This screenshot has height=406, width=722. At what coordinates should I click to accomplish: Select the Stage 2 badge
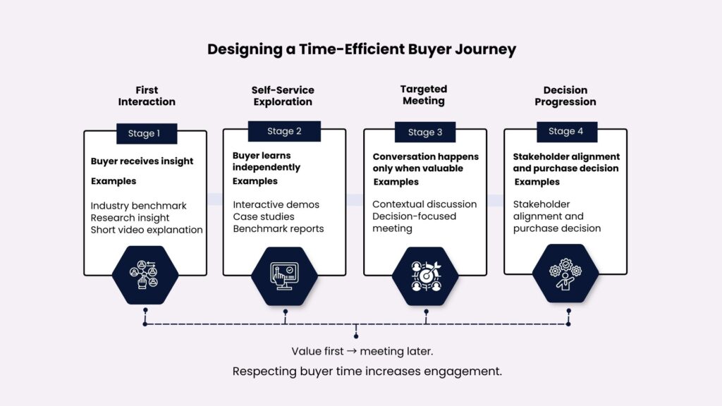point(284,131)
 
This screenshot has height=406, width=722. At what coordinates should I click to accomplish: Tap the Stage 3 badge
point(425,132)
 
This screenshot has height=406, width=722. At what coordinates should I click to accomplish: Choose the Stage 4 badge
point(565,131)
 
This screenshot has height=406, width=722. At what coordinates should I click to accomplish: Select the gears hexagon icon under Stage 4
point(565,273)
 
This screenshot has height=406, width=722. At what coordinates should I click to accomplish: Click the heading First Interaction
point(147,96)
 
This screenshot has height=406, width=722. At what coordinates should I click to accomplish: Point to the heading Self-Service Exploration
point(283,96)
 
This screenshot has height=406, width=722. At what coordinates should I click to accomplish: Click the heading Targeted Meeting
point(424,95)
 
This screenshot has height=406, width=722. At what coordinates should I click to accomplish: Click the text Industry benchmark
point(138,206)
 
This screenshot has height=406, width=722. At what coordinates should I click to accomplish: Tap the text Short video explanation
point(147,230)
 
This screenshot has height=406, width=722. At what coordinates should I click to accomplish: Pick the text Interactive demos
point(276,204)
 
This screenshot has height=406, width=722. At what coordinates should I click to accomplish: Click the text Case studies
point(264,216)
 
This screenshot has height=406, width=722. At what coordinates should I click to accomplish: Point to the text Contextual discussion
point(424,204)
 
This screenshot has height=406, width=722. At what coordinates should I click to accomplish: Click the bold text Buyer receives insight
point(142,161)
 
